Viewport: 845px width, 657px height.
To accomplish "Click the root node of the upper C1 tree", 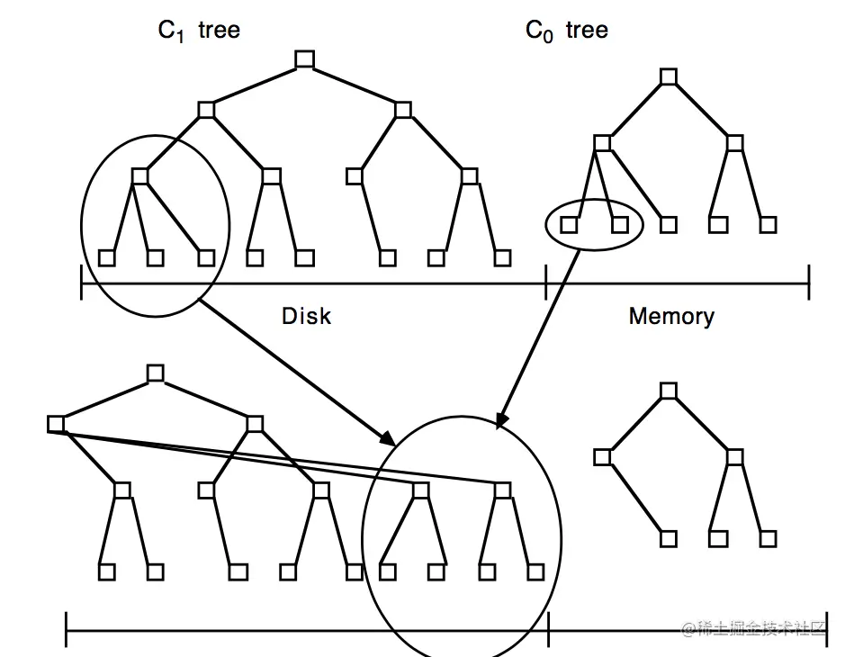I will point(304,60).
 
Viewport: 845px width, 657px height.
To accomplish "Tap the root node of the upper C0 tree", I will point(668,77).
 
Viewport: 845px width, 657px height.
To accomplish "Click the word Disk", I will point(306,316).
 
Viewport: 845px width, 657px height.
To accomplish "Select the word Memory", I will point(671,316).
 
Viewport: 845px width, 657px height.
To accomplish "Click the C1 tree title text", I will point(199,31).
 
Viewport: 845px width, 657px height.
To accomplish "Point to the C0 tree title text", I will point(566,31).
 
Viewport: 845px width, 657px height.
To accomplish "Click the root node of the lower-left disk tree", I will point(156,373).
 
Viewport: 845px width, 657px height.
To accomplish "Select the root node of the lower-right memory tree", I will point(668,390).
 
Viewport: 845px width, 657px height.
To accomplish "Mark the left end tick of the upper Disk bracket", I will point(82,282).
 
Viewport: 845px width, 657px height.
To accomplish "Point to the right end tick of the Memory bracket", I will point(808,282).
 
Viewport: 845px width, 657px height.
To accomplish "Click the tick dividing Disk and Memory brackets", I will point(546,282).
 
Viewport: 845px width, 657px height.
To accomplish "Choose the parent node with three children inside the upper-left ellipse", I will point(139,176).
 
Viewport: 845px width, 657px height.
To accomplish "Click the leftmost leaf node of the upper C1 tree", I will point(105,258).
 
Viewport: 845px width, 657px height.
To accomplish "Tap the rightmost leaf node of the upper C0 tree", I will point(768,224).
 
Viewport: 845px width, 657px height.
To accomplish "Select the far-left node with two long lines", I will point(57,423).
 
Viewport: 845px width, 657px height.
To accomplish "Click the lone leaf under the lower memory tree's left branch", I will point(668,538).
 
